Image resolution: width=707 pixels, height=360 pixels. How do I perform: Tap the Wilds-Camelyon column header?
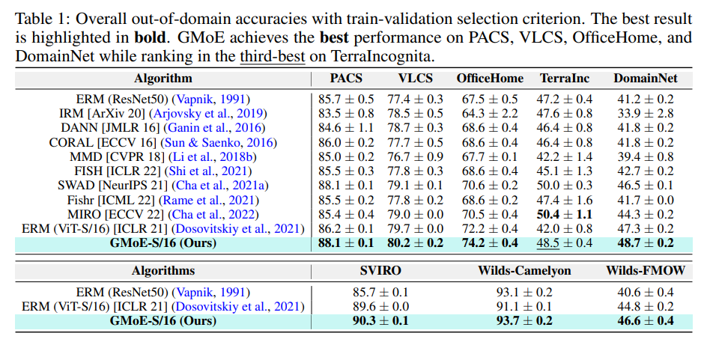[525, 270]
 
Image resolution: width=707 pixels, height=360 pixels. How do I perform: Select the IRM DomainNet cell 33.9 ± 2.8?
[643, 114]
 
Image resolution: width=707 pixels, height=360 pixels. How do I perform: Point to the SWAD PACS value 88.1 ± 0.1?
[347, 186]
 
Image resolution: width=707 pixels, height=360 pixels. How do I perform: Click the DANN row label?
[97, 128]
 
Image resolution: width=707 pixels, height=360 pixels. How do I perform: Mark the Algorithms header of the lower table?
[163, 270]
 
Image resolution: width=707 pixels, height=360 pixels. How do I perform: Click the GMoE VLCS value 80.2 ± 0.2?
[416, 242]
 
